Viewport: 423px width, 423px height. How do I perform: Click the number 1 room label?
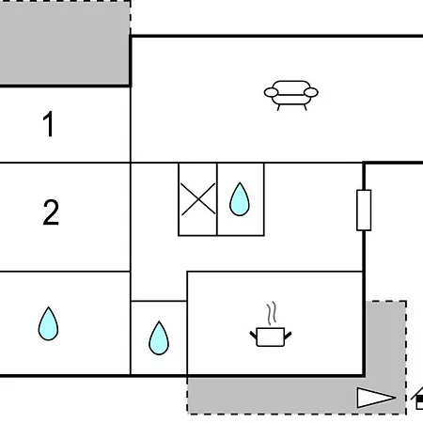(49, 124)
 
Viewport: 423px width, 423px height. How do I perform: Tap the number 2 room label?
(51, 212)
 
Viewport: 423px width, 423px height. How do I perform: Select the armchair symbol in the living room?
(291, 95)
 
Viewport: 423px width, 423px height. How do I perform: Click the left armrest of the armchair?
(271, 92)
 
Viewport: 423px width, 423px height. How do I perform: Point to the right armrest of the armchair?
(311, 92)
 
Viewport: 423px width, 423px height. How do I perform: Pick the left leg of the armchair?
(278, 107)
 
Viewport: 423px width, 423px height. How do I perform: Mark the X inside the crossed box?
(198, 199)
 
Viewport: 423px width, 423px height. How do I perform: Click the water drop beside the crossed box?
(240, 199)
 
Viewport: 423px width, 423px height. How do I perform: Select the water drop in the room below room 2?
(48, 323)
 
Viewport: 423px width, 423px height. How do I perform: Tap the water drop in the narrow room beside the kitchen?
(159, 338)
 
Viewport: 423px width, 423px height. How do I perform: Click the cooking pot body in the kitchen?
(271, 337)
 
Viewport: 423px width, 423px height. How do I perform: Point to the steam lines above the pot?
(272, 313)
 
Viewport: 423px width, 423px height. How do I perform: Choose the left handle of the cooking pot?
(253, 336)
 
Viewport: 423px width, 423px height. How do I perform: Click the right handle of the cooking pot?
(288, 336)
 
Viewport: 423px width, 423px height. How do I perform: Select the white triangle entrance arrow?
(376, 398)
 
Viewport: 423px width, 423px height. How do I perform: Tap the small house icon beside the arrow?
(417, 399)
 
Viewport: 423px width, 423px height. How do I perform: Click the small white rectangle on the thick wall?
(364, 211)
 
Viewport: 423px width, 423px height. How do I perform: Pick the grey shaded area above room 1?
(65, 42)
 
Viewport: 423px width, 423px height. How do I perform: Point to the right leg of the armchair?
(305, 107)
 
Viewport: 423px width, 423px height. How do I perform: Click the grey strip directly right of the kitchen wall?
(386, 338)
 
